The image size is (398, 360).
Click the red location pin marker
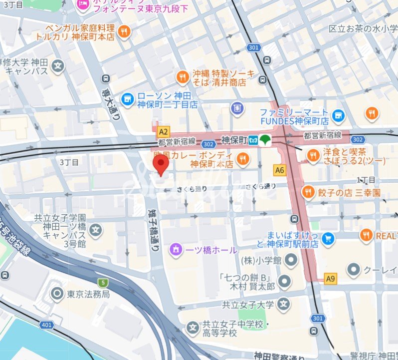[x=160, y=164]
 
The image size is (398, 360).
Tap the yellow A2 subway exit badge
[x=163, y=132]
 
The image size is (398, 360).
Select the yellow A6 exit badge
[x=279, y=170]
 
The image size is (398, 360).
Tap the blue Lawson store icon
[x=128, y=98]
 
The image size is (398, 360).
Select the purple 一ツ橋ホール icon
[x=175, y=249]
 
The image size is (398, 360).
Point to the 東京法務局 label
[x=88, y=294]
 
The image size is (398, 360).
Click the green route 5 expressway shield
[x=103, y=282]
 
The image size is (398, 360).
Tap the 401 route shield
[x=46, y=325]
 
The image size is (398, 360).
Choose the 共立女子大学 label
[x=247, y=304]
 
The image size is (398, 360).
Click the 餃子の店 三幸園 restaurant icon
[x=309, y=192]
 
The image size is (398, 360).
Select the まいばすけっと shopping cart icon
[x=328, y=239]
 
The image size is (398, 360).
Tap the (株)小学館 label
[x=261, y=260]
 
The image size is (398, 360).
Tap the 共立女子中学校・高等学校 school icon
[x=193, y=328]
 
